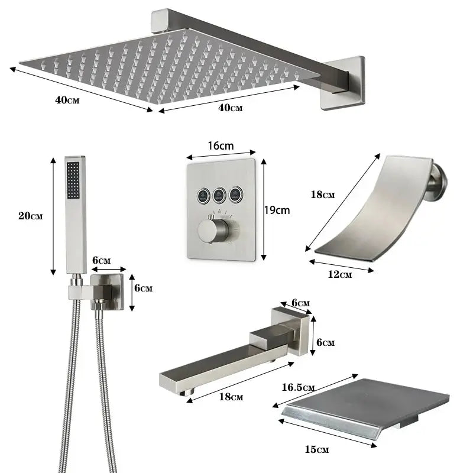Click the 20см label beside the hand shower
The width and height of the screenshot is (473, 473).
tap(30, 216)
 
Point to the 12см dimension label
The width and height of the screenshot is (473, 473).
tap(339, 274)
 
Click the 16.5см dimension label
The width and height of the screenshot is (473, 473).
tap(299, 387)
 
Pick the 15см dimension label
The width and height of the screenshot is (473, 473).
tap(318, 450)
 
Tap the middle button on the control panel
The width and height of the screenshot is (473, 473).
tap(221, 192)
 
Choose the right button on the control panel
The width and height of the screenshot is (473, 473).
tap(237, 192)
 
